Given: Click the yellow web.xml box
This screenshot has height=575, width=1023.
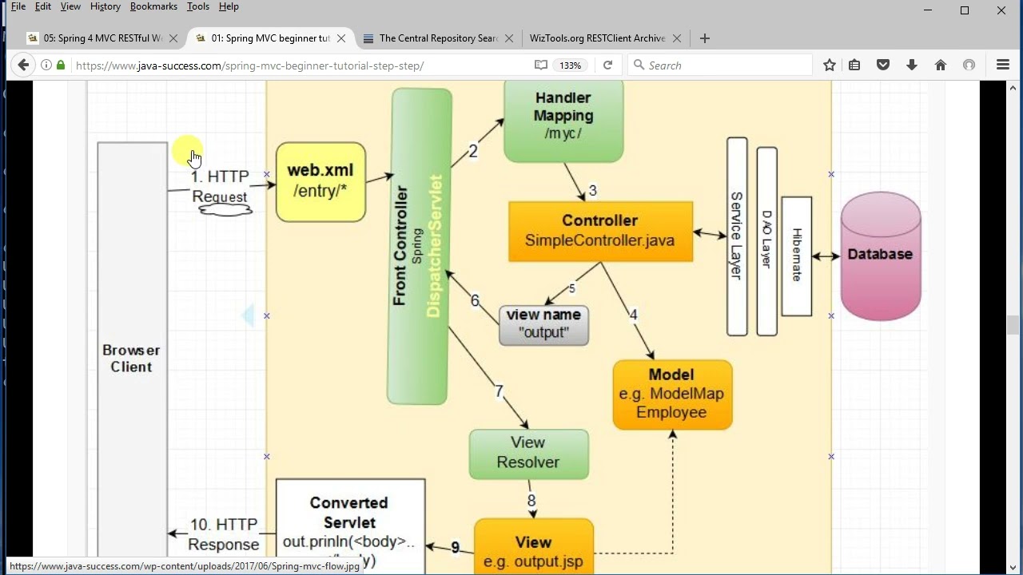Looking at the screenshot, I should [x=320, y=181].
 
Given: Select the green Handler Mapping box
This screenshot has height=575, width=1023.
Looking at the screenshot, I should [x=563, y=120].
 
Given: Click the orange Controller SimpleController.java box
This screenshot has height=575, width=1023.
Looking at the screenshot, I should [x=600, y=231].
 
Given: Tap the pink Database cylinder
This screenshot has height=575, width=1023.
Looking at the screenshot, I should [x=880, y=255].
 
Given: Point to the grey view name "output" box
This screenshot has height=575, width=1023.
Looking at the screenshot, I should [x=543, y=324].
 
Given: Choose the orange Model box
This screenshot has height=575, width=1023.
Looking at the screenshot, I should [x=671, y=394].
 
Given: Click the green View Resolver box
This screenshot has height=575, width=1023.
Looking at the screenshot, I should [x=528, y=453].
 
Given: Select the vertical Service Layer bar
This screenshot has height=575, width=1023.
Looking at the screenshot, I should [x=737, y=236].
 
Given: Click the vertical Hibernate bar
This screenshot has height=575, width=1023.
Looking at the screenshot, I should [x=797, y=256].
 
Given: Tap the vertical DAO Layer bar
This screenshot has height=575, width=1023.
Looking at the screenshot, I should [x=766, y=240].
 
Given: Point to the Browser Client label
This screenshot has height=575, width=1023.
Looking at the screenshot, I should [x=131, y=359].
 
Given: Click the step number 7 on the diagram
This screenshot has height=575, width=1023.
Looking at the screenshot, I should [x=499, y=391].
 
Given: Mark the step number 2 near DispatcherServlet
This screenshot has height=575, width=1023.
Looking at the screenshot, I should [x=473, y=151].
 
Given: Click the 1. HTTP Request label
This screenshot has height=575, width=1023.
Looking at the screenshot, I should [x=220, y=186].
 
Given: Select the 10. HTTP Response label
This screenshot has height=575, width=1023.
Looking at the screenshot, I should [x=224, y=534].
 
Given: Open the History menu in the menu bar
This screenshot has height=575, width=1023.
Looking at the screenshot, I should [x=105, y=6].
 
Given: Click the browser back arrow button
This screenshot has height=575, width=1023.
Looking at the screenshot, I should [x=23, y=65].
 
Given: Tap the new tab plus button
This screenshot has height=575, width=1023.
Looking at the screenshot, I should [x=704, y=38].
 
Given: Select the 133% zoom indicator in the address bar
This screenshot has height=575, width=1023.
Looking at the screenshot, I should [x=570, y=65].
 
